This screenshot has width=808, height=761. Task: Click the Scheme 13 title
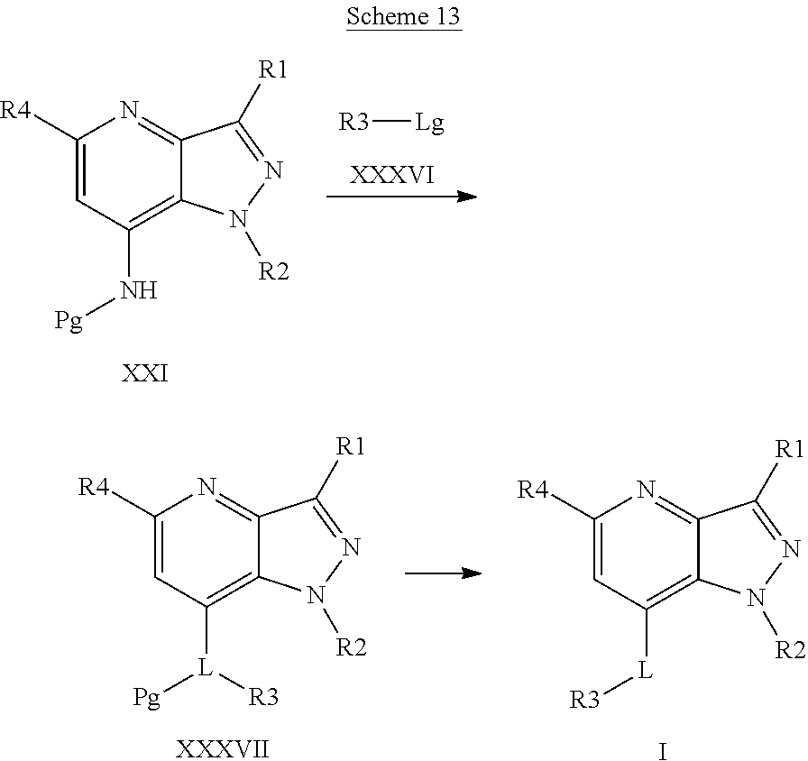(403, 19)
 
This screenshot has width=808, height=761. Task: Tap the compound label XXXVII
(222, 749)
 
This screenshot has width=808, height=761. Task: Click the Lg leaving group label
(429, 123)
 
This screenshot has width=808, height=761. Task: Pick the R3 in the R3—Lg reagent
(353, 123)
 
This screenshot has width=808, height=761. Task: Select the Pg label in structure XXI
(69, 321)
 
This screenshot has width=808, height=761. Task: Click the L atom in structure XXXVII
(206, 668)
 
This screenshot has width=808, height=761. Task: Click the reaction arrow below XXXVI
(401, 196)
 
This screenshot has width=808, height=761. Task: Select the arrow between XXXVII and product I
(443, 573)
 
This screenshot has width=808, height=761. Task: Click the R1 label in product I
(789, 448)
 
